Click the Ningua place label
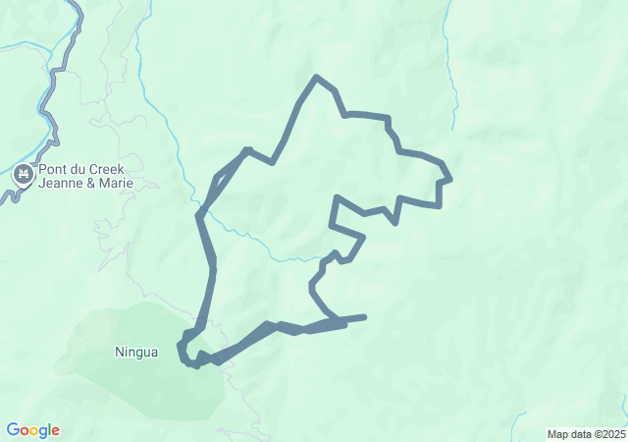(x=135, y=352)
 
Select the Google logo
(x=32, y=430)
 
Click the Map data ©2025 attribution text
(x=586, y=434)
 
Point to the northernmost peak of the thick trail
(x=315, y=77)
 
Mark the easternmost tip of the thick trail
(x=449, y=179)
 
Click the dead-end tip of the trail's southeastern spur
(x=364, y=316)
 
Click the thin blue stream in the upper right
(x=452, y=79)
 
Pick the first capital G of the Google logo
(x=13, y=430)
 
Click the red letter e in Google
(x=55, y=431)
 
